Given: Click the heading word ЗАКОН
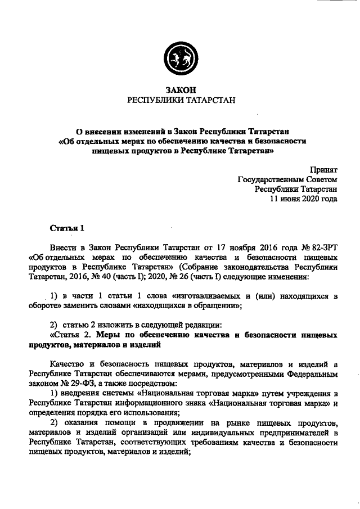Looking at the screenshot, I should (181, 89).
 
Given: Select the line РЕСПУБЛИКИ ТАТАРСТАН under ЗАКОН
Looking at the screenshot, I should (180, 100).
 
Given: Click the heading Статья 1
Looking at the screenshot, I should (67, 228).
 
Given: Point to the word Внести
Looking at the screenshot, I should (64, 247).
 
